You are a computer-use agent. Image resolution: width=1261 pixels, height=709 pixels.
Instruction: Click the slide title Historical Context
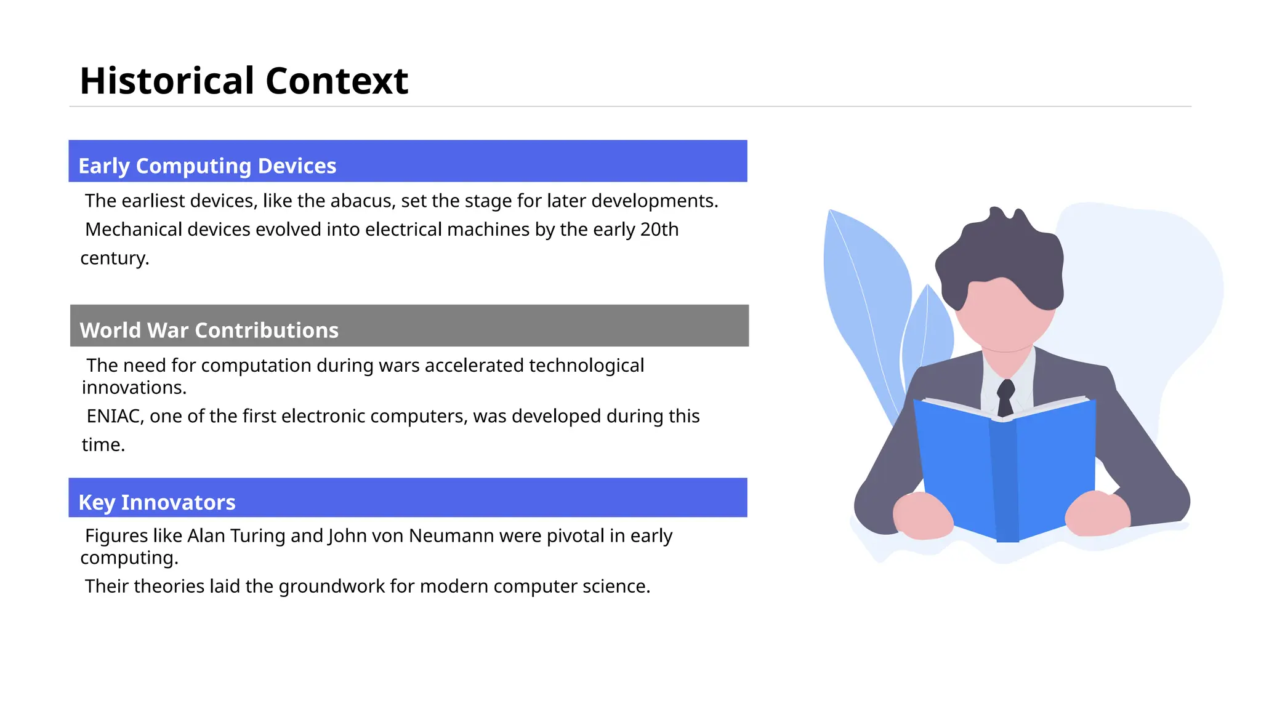pos(244,81)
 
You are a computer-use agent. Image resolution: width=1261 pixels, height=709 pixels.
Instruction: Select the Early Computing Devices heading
pos(207,166)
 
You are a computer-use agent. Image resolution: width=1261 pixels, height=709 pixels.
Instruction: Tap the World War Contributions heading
pos(209,330)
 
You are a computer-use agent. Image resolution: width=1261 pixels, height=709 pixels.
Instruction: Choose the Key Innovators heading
pos(156,502)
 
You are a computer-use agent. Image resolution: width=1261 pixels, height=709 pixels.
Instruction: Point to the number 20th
pos(659,230)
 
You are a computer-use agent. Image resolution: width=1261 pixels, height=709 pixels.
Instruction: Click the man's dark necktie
pos(1005,397)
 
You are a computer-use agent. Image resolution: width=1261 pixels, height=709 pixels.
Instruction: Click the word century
pos(115,258)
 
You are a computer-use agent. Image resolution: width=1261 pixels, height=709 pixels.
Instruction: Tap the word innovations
pos(134,388)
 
